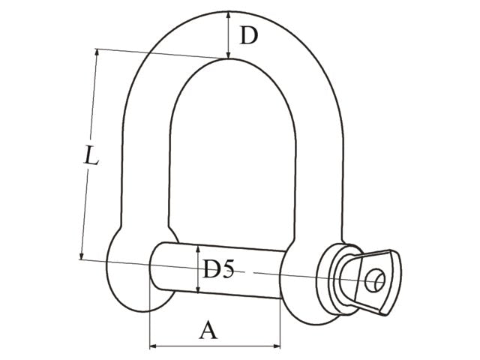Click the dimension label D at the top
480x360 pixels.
coord(248,34)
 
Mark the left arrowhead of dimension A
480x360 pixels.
coord(154,346)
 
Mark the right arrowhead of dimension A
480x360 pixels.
coord(277,346)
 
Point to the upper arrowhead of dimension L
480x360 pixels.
coord(97,54)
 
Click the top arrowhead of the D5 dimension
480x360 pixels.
coord(197,248)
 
